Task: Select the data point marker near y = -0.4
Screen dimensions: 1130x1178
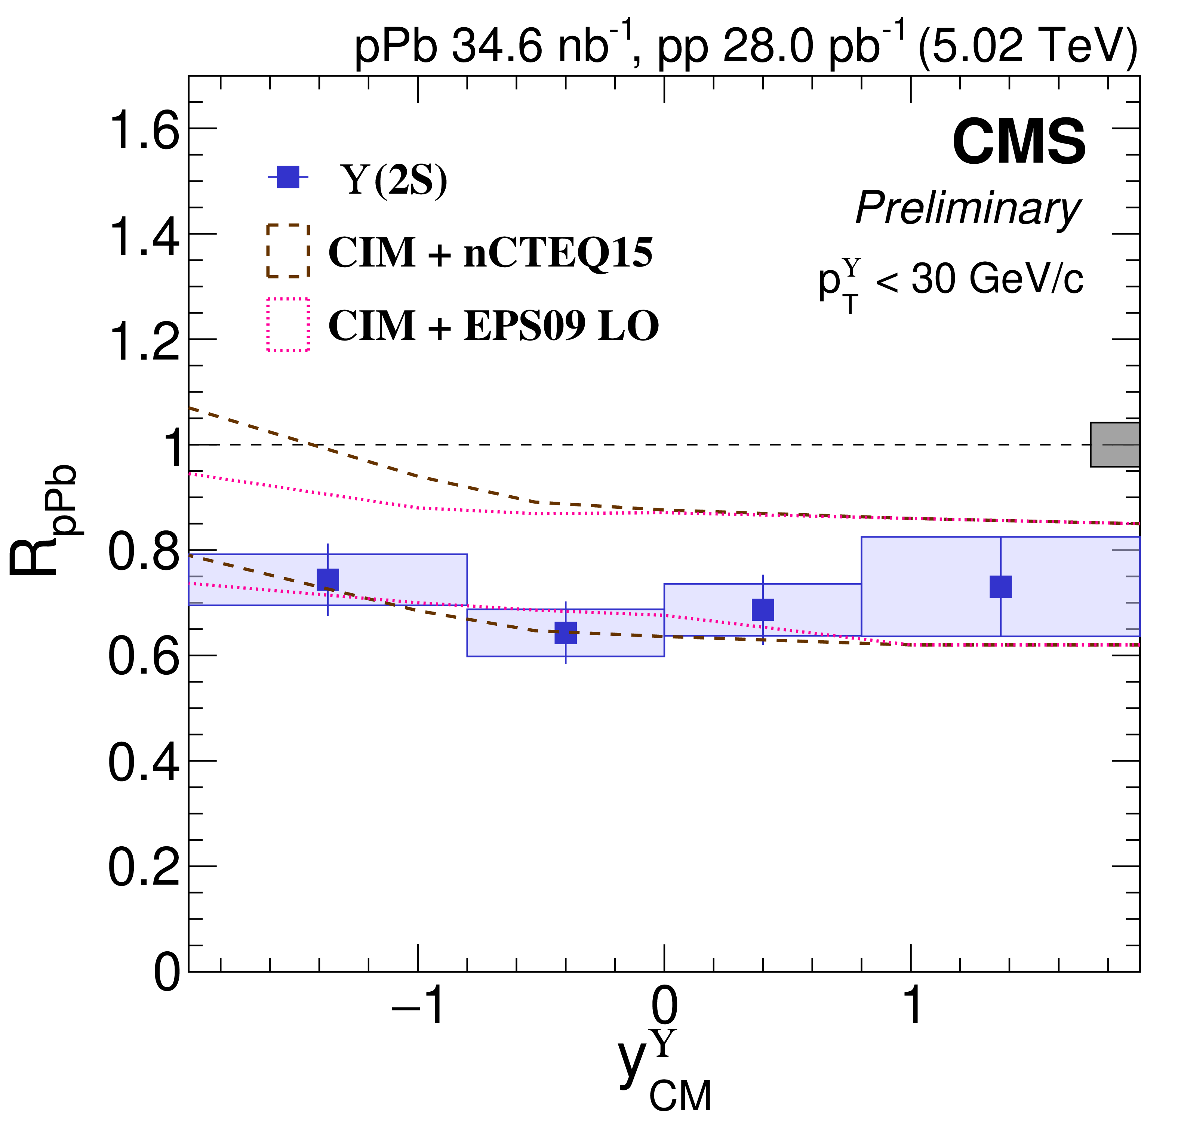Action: (x=566, y=633)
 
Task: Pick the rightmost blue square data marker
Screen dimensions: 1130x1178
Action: (x=1001, y=586)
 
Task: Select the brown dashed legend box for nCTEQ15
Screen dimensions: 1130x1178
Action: (x=288, y=251)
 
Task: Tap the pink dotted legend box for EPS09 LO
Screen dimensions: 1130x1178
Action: (x=288, y=324)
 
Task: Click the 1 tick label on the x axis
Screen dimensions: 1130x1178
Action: (x=912, y=1007)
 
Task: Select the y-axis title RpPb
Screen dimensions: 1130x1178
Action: (x=42, y=520)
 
